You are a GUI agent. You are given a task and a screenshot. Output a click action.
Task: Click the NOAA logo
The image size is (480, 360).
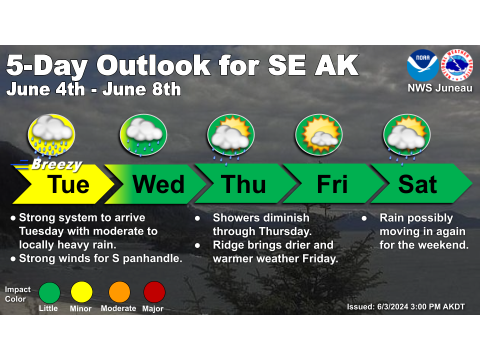pos(422,65)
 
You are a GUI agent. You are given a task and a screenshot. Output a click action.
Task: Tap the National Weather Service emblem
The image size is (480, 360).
pos(457,65)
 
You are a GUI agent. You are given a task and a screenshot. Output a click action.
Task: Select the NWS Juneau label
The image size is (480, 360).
pos(440,88)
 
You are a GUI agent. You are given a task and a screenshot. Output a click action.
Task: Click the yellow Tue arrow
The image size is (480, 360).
pos(63,184)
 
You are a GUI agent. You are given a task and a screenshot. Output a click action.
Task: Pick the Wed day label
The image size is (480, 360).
pos(158,184)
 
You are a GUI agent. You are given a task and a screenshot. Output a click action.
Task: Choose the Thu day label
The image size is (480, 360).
pos(243,184)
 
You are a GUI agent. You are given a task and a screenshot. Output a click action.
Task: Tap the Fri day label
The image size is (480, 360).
pos(332,184)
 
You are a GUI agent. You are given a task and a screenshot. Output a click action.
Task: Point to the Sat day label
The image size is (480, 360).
pos(417,184)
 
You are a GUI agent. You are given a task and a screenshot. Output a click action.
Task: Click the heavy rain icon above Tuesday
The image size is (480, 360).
pos(51,135)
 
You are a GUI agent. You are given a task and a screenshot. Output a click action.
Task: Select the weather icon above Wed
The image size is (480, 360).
pos(143,135)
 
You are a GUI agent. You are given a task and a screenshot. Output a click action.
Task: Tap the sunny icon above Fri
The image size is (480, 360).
pos(318,134)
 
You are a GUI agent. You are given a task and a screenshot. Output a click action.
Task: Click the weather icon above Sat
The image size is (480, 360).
pos(407,137)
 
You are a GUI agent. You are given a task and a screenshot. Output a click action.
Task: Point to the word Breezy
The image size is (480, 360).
pos(57,164)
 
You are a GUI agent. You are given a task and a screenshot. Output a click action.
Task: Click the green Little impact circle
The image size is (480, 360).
pos(49,292)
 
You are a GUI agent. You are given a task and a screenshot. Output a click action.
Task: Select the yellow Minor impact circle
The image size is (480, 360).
pos(81,292)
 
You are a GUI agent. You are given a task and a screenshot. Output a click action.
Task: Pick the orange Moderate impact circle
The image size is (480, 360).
pos(119,292)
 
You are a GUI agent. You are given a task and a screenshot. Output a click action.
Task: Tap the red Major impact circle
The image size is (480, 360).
pos(154,292)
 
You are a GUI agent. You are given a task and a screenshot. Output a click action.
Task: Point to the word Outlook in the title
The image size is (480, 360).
pos(153,65)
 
